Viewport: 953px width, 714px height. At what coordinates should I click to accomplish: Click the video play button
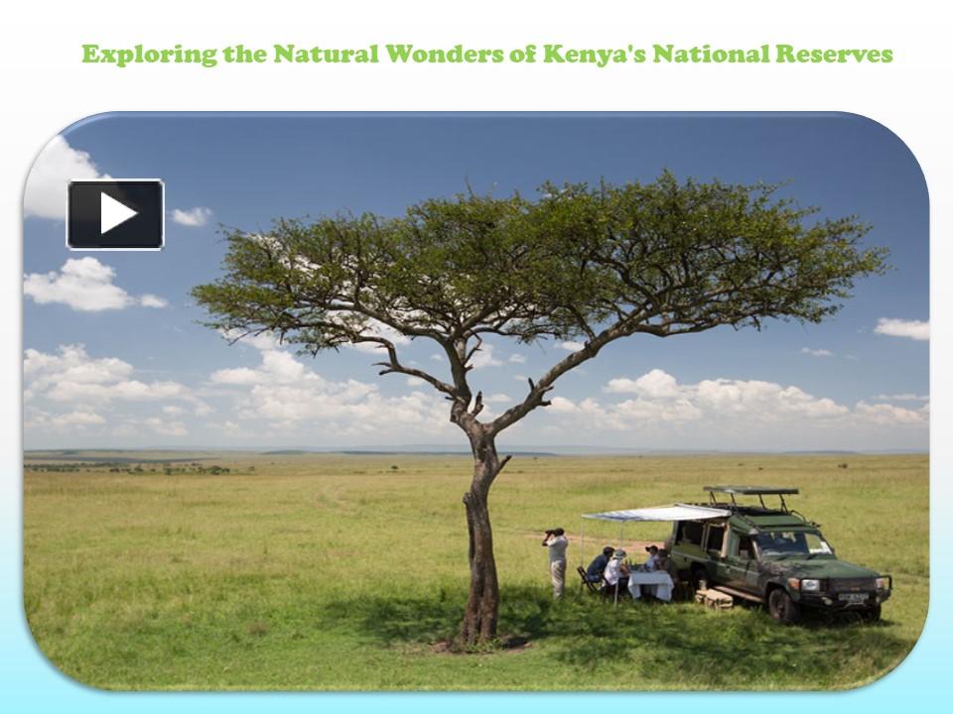pos(115,213)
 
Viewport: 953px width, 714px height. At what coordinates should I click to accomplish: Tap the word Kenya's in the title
pos(589,54)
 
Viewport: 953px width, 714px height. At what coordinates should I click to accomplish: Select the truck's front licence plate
pos(853,598)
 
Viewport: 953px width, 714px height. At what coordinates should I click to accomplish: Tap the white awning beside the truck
pos(655,513)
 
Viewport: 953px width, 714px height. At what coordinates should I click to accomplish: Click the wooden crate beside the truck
pos(715,598)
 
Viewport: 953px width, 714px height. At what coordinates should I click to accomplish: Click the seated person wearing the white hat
pos(616,570)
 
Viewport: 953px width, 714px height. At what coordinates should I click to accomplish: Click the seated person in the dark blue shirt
pos(600,565)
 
